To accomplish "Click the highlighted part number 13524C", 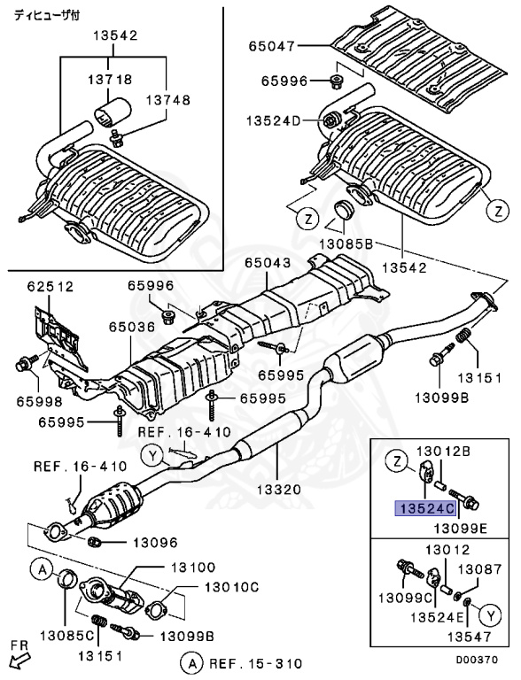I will pos(426,508).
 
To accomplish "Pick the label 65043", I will pos(268,263).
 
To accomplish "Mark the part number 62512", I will pos(51,287).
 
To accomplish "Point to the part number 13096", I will pos(156,542).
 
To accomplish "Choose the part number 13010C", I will pos(231,586).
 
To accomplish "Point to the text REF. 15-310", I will pos(255,662).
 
